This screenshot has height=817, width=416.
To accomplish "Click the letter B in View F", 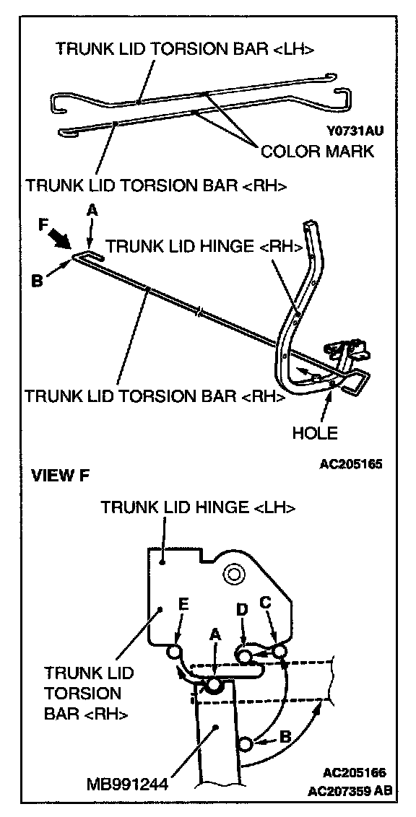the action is [x=285, y=738].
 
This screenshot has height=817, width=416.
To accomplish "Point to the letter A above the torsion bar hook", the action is [x=92, y=209].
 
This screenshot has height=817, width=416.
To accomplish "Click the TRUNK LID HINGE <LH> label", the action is [x=199, y=507].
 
